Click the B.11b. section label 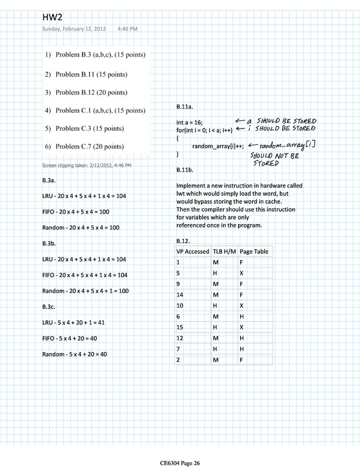pos(187,170)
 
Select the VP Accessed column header pos(192,252)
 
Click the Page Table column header pos(254,252)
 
